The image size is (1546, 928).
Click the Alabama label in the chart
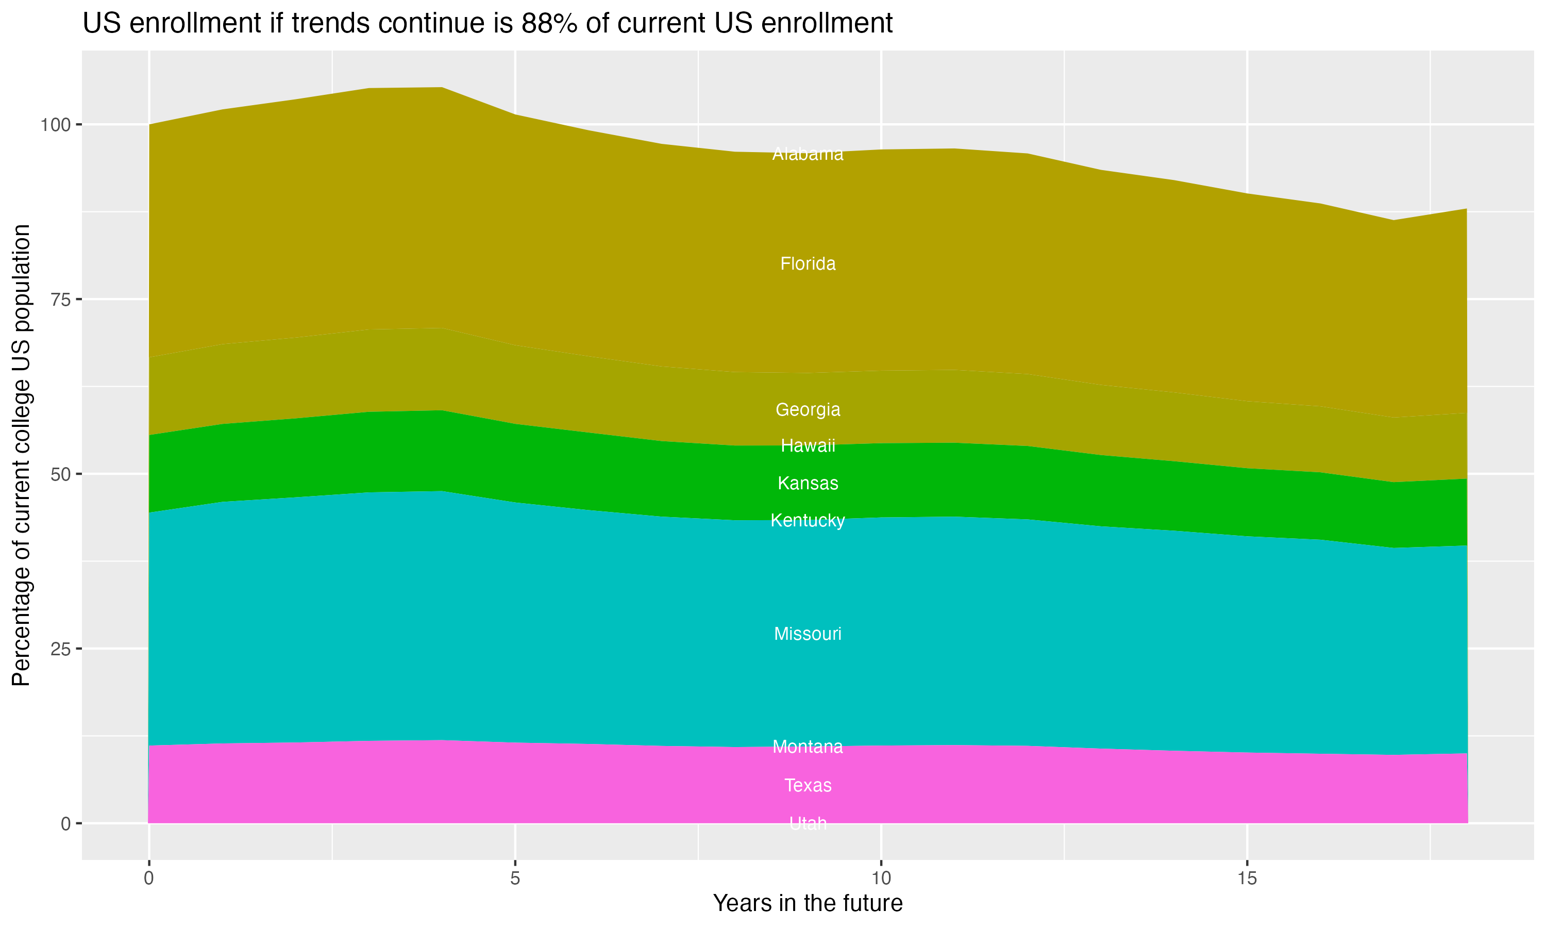click(808, 154)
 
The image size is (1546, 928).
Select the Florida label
click(808, 264)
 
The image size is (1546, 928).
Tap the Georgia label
click(808, 409)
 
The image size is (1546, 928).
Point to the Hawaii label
click(808, 446)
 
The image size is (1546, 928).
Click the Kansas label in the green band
click(808, 484)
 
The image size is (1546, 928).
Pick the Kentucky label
click(808, 520)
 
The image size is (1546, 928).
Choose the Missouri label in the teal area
click(808, 634)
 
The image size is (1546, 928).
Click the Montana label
click(808, 747)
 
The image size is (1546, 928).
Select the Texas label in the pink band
click(808, 785)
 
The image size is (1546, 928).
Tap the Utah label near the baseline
click(808, 823)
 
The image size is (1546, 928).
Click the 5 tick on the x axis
click(515, 879)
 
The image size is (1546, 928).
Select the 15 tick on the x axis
click(1247, 879)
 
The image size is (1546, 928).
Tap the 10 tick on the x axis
click(881, 879)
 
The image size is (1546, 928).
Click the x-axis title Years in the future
click(808, 904)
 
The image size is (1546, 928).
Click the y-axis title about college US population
click(21, 455)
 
